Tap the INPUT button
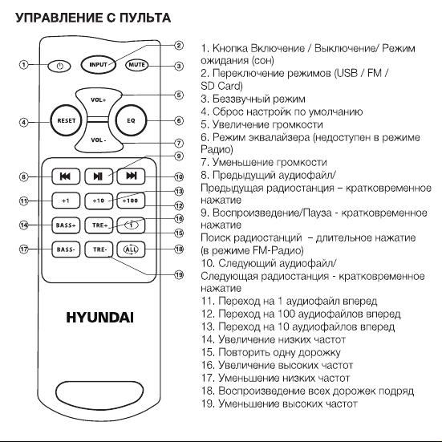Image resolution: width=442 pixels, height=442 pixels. click(98, 64)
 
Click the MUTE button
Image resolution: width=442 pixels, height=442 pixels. click(136, 64)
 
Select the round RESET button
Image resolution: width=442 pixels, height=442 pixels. click(67, 120)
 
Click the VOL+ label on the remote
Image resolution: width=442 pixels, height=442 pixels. click(98, 99)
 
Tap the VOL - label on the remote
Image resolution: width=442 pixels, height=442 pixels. click(99, 140)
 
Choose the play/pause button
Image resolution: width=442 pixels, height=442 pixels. click(99, 176)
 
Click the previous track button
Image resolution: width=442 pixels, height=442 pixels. click(66, 176)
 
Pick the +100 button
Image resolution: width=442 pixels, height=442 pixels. click(131, 201)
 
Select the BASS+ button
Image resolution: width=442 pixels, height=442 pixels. click(66, 225)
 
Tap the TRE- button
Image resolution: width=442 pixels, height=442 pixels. click(99, 249)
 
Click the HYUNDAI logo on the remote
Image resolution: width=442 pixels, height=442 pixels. click(99, 318)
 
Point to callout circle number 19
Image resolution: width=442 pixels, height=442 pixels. click(179, 274)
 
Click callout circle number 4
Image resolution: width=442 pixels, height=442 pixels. click(24, 123)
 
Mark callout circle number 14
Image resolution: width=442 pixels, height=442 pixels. click(24, 225)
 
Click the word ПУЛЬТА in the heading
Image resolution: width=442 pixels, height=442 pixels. click(145, 18)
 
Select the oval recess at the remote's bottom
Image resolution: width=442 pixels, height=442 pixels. click(99, 391)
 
